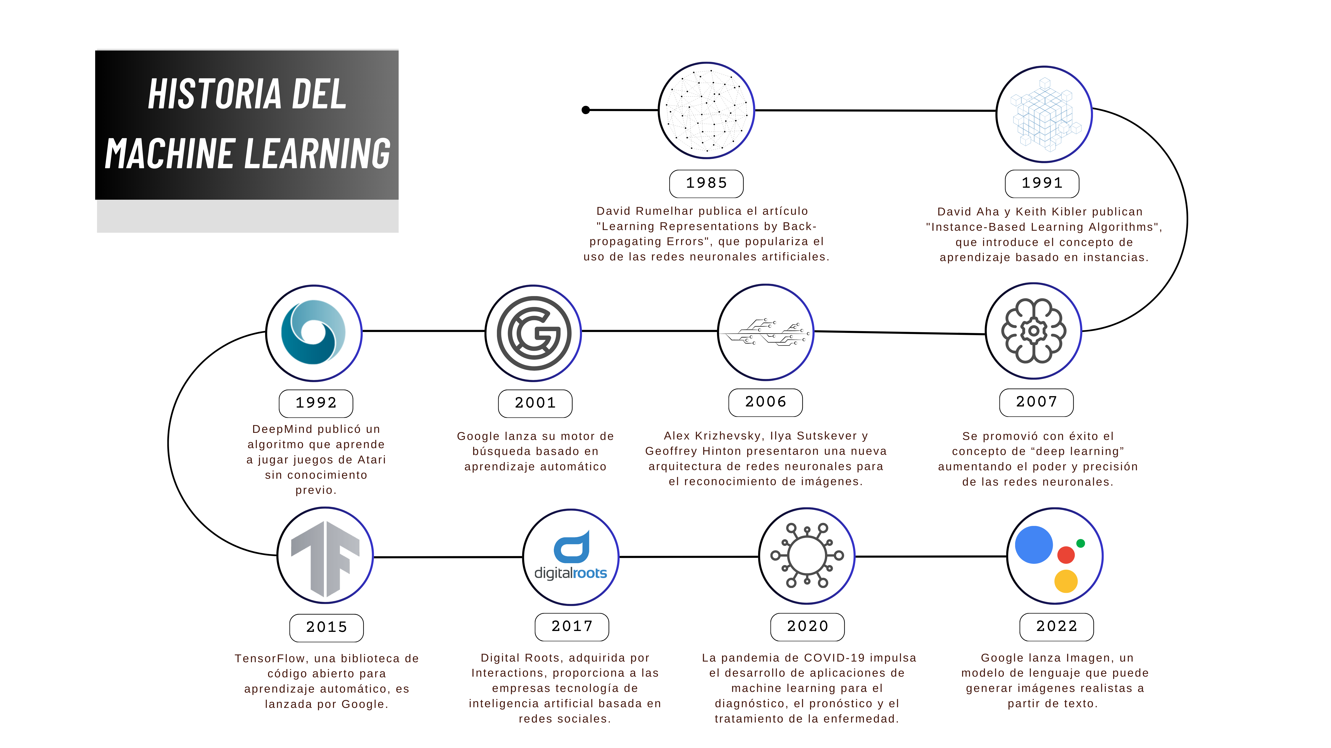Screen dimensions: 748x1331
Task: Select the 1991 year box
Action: pyautogui.click(x=1042, y=183)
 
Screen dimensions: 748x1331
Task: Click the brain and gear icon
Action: pyautogui.click(x=1033, y=331)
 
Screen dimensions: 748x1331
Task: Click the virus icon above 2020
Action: pyautogui.click(x=807, y=555)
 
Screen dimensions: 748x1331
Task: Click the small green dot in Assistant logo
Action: pyautogui.click(x=1080, y=543)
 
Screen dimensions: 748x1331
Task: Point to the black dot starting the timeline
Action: pyautogui.click(x=585, y=110)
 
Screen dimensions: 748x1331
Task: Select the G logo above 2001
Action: pyautogui.click(x=534, y=334)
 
